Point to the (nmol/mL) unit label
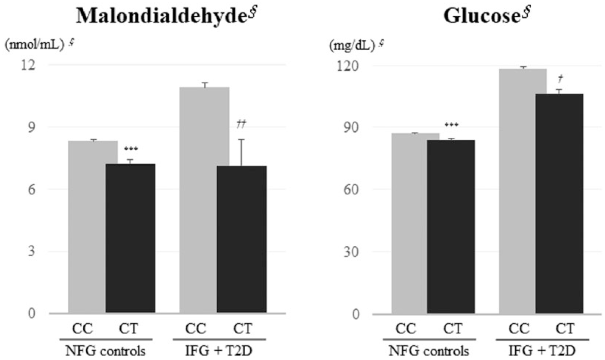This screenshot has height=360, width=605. pyautogui.click(x=34, y=45)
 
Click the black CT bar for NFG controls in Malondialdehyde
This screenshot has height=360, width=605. pyautogui.click(x=130, y=238)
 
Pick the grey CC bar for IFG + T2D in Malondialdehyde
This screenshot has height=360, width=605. pyautogui.click(x=198, y=200)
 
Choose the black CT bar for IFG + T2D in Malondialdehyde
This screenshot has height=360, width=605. pyautogui.click(x=242, y=239)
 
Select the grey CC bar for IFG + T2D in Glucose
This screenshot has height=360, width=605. pyautogui.click(x=517, y=191)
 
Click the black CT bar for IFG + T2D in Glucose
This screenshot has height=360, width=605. pyautogui.click(x=559, y=203)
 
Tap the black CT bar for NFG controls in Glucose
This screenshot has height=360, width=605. pyautogui.click(x=451, y=227)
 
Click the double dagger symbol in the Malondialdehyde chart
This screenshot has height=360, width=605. pyautogui.click(x=241, y=125)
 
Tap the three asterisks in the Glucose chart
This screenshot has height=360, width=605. pyautogui.click(x=451, y=125)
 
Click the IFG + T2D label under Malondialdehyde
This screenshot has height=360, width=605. pyautogui.click(x=219, y=351)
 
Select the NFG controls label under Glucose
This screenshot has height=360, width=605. pyautogui.click(x=429, y=351)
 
